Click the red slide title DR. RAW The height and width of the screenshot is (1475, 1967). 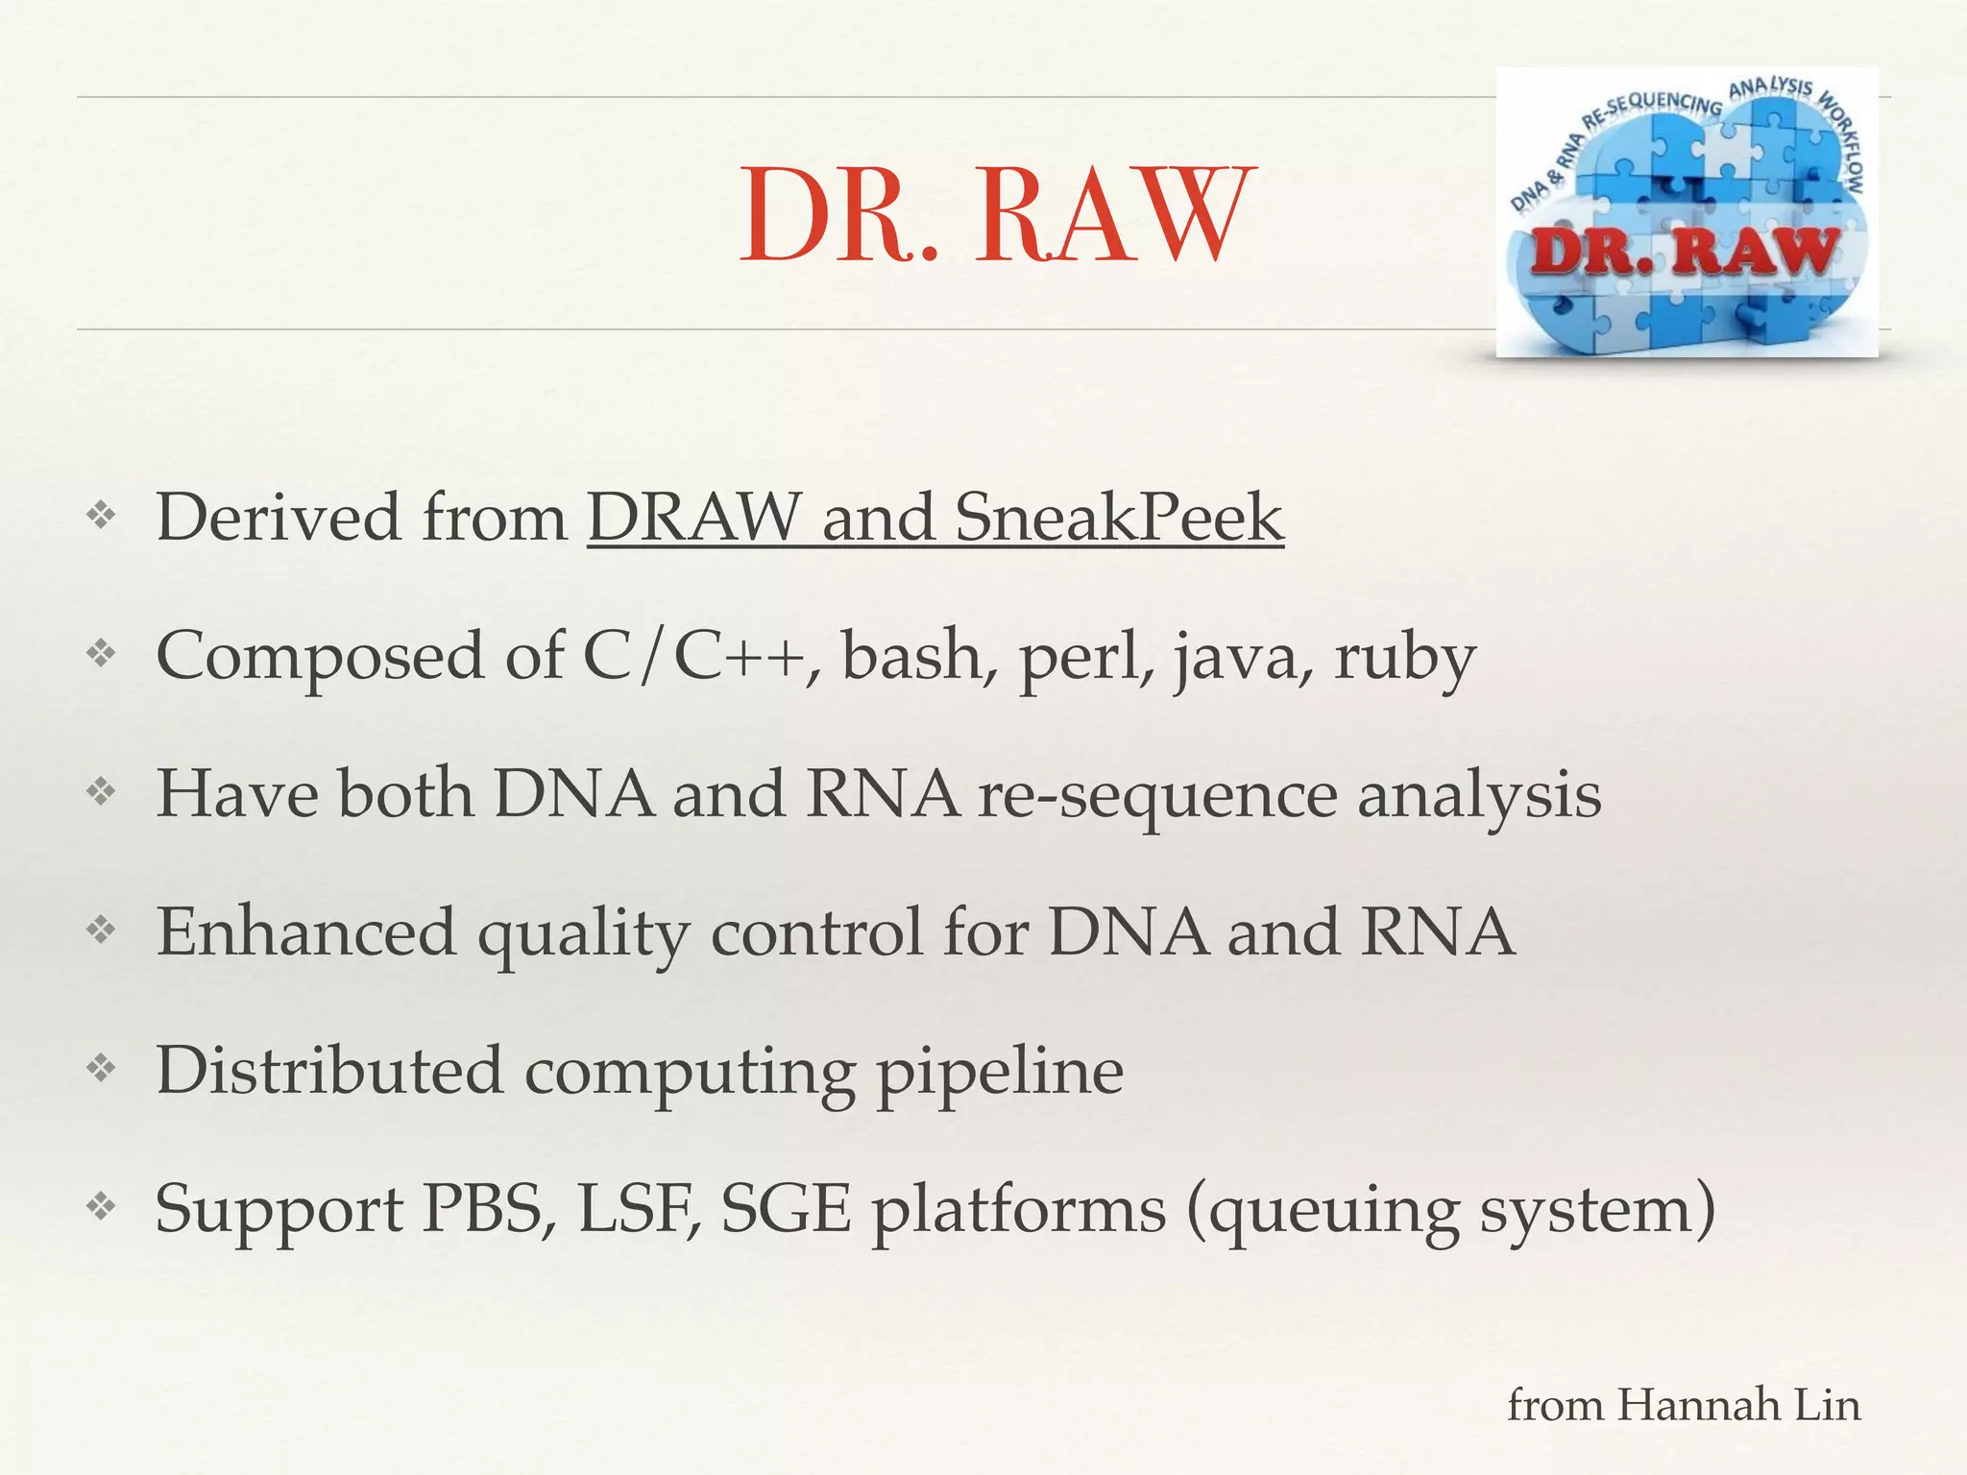[x=996, y=215]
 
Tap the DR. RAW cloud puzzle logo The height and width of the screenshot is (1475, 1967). [x=1687, y=213]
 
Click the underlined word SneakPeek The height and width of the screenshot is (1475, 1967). [x=1119, y=518]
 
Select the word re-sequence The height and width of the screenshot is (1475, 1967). [x=1156, y=796]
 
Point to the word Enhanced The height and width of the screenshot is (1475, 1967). [x=306, y=932]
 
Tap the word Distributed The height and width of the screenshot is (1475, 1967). [x=329, y=1070]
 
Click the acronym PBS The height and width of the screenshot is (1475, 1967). [x=489, y=1208]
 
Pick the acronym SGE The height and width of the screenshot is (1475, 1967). [x=787, y=1208]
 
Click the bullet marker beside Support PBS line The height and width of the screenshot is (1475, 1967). [x=101, y=1206]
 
